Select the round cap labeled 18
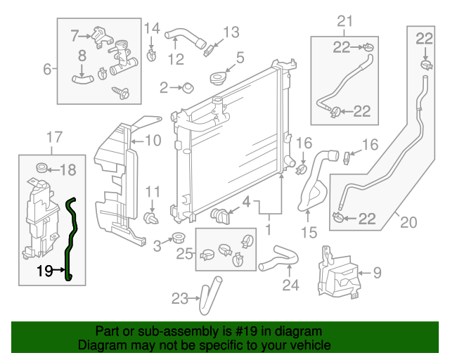click(41, 168)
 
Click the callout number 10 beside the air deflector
click(154, 139)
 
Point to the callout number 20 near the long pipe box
click(409, 223)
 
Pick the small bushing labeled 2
click(188, 88)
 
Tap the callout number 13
click(231, 32)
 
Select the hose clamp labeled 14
click(151, 53)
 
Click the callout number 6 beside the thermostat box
click(48, 69)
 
